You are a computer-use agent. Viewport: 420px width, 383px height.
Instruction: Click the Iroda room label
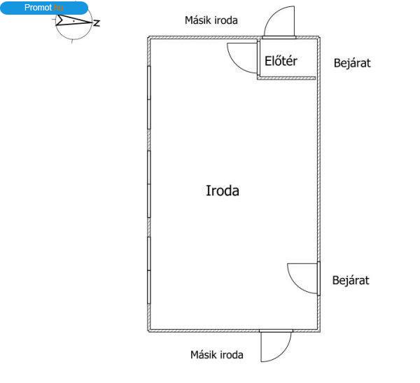(x=223, y=191)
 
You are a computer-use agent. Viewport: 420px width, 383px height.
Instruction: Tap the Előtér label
(x=281, y=61)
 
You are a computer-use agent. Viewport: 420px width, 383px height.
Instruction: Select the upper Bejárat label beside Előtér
(x=352, y=63)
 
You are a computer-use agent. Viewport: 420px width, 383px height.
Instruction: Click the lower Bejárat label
(x=351, y=280)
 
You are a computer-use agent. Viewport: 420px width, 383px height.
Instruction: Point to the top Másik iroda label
(x=211, y=20)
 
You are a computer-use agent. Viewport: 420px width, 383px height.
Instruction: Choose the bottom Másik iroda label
(x=217, y=355)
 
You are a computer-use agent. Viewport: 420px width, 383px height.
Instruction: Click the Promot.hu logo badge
(x=44, y=8)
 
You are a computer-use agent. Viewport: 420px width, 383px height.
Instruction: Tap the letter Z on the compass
(x=97, y=23)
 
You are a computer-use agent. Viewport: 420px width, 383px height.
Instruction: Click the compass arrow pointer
(x=73, y=20)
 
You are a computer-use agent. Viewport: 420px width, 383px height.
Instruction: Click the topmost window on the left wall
(x=149, y=97)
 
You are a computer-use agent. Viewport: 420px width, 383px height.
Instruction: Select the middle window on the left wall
(x=149, y=184)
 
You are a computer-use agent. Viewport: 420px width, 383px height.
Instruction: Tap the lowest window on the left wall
(x=149, y=270)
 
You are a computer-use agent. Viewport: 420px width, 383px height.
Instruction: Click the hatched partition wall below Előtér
(x=286, y=78)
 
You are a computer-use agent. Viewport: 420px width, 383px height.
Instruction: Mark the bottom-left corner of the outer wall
(x=148, y=332)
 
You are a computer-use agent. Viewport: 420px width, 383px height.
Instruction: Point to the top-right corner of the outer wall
(x=320, y=36)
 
